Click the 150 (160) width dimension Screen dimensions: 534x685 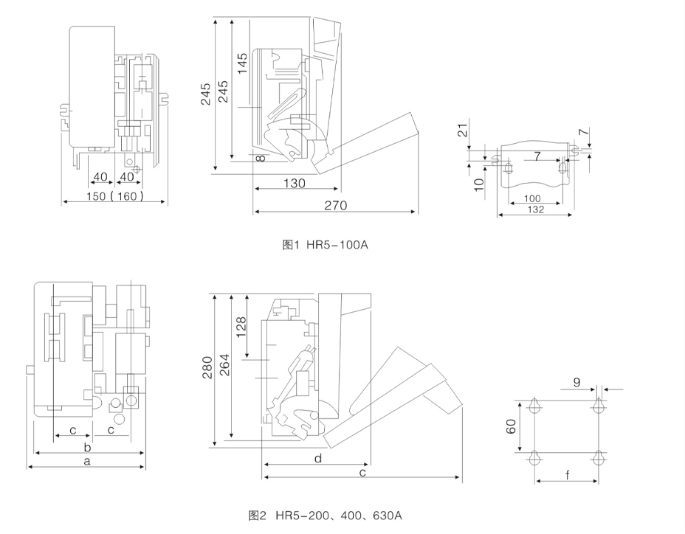(114, 196)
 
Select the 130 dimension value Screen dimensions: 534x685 (294, 184)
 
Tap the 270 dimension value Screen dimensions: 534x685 (335, 206)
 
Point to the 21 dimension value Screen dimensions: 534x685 (463, 131)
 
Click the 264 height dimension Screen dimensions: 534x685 (224, 367)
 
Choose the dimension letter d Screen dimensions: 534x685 (317, 459)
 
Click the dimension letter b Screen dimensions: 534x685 (87, 447)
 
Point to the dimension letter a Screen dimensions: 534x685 (87, 462)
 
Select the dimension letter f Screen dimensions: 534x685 (567, 476)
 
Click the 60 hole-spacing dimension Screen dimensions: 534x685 (511, 427)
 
